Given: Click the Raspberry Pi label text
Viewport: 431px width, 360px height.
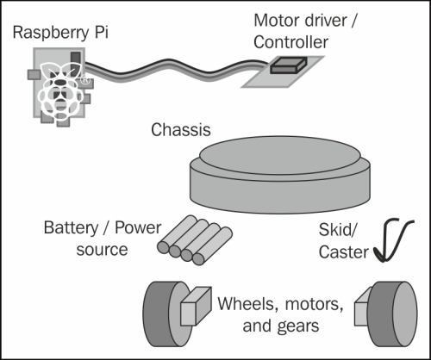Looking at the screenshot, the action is (x=60, y=33).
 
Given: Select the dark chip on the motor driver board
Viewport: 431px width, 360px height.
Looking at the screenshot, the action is (x=289, y=65).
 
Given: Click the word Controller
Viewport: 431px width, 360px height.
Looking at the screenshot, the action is (x=290, y=42).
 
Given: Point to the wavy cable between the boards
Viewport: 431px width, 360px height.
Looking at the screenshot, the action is (x=175, y=70).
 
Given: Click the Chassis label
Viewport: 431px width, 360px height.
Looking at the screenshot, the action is (x=181, y=130).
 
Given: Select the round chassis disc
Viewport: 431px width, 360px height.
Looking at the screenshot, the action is (x=280, y=175).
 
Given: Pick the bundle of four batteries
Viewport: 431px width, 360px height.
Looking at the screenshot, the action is (x=195, y=240).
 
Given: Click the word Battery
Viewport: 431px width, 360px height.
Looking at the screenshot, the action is (x=71, y=228).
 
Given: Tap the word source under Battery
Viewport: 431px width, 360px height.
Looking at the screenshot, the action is (x=102, y=250).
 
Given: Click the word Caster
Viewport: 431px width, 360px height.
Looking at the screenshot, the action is (x=343, y=252).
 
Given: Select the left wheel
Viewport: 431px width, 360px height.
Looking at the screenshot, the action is (x=166, y=314).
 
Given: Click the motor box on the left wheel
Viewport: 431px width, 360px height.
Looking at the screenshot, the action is (x=197, y=306).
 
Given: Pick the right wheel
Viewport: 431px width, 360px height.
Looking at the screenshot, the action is (x=392, y=314).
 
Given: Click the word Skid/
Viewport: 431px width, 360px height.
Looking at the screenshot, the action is (x=338, y=230).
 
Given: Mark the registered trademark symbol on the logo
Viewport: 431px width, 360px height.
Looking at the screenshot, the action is (x=84, y=79).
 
